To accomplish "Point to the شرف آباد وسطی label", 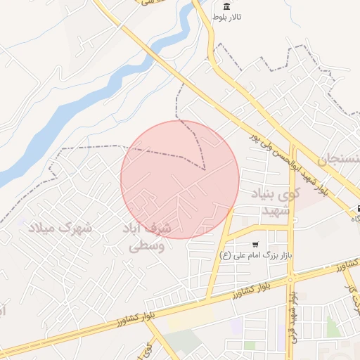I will click(x=157, y=238).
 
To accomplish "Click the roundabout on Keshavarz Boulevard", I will click(x=290, y=278).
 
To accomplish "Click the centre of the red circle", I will click(x=179, y=179).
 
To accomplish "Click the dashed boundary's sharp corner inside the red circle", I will click(x=204, y=169).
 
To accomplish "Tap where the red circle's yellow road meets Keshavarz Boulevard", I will click(x=209, y=297).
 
